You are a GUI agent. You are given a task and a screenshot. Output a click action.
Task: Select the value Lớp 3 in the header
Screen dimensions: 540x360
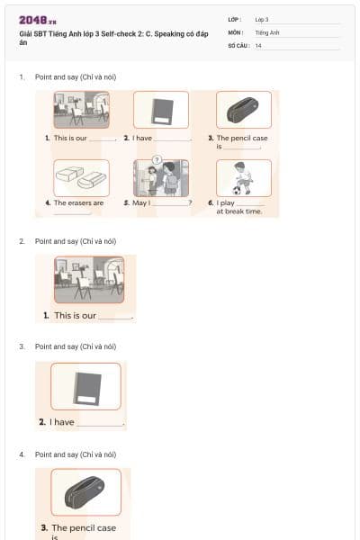tap(262, 19)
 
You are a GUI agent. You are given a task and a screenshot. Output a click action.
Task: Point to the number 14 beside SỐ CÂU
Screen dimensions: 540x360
tap(258, 44)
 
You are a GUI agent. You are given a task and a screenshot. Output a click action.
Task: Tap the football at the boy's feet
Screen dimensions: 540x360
tap(236, 191)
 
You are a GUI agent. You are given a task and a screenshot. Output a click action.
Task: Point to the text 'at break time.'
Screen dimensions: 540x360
tap(238, 211)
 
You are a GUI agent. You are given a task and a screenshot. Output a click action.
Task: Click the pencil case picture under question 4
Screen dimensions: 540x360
tap(85, 491)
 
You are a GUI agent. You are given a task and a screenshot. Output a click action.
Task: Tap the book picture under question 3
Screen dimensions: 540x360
tap(85, 385)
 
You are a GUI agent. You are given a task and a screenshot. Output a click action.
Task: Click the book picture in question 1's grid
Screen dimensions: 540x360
tap(161, 110)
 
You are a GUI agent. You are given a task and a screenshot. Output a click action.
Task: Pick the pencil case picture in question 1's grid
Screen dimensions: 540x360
tap(243, 110)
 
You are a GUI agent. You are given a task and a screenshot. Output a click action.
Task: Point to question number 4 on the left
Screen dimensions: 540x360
tap(22, 454)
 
